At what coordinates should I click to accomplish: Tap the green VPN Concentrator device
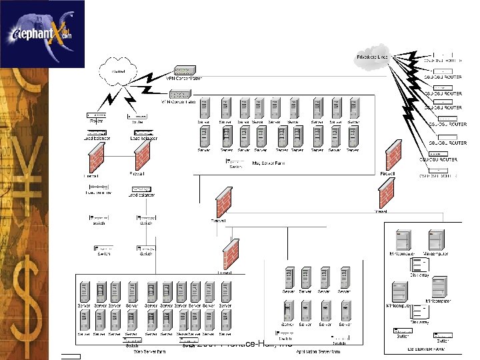tap(185, 70)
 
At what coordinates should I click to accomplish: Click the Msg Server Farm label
tap(269, 162)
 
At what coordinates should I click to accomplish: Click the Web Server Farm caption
tap(149, 350)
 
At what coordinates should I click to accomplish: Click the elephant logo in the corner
tap(43, 33)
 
